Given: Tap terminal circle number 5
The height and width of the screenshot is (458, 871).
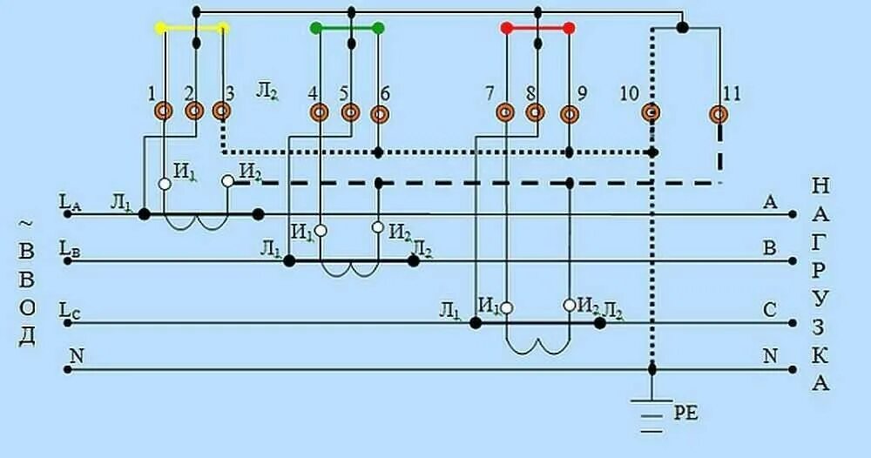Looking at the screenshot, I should click(350, 112).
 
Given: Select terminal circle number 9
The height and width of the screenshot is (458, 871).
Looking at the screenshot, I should click(569, 113).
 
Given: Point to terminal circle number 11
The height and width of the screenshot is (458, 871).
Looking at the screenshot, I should click(719, 113).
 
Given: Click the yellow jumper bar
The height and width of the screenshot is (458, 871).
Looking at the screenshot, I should click(192, 28).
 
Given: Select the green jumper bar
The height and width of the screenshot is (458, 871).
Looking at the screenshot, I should click(347, 28).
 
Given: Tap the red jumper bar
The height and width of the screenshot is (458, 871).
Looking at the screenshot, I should click(537, 28).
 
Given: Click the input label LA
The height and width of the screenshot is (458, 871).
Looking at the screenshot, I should click(70, 202).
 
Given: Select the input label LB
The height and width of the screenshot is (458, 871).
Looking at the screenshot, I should click(70, 248).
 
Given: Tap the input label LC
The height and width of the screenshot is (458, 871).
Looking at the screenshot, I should click(70, 309).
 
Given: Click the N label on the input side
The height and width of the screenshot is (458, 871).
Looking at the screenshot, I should click(76, 354).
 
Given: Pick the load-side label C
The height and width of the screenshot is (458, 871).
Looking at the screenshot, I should click(770, 309).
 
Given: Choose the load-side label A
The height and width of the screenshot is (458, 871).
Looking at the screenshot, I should click(770, 202).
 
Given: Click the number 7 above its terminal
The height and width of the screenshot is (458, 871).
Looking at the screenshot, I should click(490, 93).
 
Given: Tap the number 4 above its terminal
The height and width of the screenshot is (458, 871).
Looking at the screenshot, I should click(312, 93).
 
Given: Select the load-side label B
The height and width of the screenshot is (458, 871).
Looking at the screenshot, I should click(770, 248).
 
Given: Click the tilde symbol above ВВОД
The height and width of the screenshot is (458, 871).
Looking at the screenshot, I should click(26, 224).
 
